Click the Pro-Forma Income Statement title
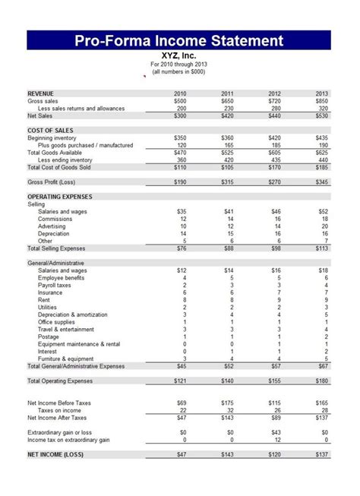click(x=179, y=40)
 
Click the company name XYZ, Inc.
click(x=179, y=55)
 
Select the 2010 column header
click(x=181, y=93)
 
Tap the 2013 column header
click(x=322, y=93)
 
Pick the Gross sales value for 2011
click(x=226, y=101)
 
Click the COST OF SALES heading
click(x=50, y=130)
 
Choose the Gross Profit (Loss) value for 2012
click(x=273, y=182)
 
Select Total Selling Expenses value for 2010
click(x=180, y=248)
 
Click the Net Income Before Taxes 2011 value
click(x=226, y=402)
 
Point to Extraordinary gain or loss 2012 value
click(x=274, y=431)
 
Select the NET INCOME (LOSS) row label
click(x=55, y=454)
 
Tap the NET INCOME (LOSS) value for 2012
click(x=273, y=454)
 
